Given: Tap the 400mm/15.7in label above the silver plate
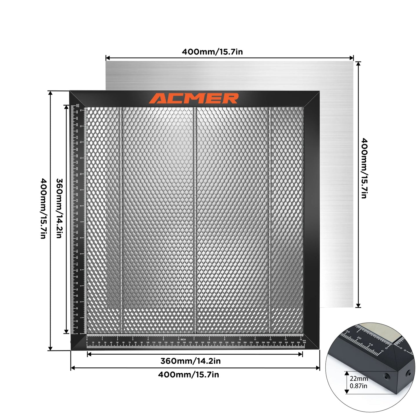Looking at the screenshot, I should tap(212, 52).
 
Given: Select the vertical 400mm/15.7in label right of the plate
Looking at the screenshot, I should tap(364, 168).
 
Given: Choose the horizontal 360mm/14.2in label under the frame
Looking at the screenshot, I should tap(191, 361).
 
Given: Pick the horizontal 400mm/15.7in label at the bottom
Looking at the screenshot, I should tap(188, 375).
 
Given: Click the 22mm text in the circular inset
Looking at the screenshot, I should tap(359, 379).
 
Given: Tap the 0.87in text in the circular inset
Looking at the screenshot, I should tap(358, 386).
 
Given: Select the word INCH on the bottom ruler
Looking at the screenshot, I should tap(183, 339).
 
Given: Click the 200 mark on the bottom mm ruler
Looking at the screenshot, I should tap(208, 342).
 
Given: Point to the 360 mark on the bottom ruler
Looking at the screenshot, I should tap(304, 342).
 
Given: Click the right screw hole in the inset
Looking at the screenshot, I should tap(409, 371).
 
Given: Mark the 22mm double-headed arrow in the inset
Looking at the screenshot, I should tap(347, 383).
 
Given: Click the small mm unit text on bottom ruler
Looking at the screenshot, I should tap(304, 340).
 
